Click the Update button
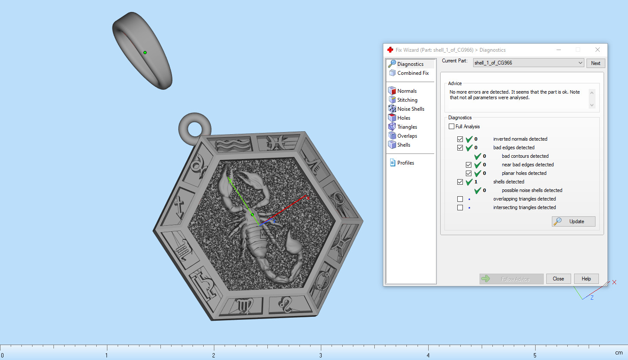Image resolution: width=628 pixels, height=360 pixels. click(573, 221)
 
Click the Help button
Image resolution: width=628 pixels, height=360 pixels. click(586, 279)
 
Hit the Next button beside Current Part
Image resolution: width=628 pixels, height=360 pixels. click(595, 63)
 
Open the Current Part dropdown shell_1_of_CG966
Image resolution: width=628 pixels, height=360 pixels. click(528, 63)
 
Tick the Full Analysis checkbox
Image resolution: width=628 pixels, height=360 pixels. click(451, 127)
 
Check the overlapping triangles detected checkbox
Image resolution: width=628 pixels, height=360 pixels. click(460, 199)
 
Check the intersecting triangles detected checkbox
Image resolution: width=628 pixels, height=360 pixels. click(460, 207)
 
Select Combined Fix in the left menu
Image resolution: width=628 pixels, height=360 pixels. click(412, 73)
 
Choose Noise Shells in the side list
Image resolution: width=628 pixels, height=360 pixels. click(410, 109)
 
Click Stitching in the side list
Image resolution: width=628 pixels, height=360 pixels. click(407, 100)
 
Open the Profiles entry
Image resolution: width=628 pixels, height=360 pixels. click(405, 163)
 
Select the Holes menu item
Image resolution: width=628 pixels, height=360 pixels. click(403, 118)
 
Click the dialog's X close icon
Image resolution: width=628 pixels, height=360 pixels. click(598, 50)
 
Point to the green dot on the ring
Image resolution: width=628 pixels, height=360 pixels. click(145, 53)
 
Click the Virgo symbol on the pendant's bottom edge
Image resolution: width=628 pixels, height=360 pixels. click(244, 306)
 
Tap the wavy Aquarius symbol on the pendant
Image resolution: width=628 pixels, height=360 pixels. click(233, 145)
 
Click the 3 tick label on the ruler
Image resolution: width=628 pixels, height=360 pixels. click(320, 355)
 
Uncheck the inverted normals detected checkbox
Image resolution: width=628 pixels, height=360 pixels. click(460, 139)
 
